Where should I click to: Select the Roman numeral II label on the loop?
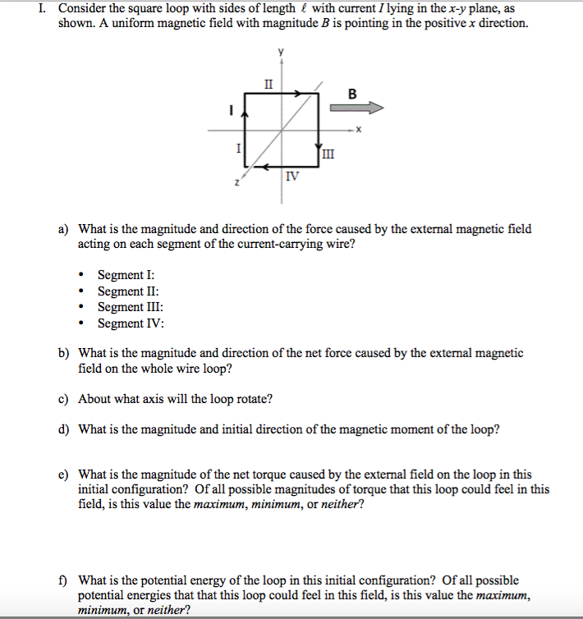269,83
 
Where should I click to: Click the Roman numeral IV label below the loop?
292,177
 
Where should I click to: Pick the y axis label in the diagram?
282,53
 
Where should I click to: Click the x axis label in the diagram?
359,130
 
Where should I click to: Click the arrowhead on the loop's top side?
301,94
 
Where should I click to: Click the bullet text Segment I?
126,276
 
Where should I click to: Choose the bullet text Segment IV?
130,322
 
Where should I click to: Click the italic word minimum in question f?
99,610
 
